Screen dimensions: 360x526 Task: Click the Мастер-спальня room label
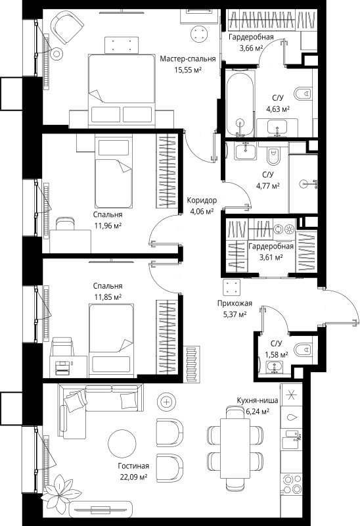187,59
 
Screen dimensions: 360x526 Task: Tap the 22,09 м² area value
133,477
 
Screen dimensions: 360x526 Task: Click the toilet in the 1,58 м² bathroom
303,350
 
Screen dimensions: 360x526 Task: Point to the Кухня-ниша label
258,400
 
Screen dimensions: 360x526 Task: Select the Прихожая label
235,303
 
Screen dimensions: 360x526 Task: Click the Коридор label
202,201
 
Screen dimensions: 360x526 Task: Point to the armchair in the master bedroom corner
67,27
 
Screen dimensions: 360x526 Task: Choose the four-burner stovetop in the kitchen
291,483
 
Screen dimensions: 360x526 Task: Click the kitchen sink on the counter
291,439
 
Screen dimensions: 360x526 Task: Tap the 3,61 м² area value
271,257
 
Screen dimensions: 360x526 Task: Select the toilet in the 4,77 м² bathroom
273,155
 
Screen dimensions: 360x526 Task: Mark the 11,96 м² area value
108,226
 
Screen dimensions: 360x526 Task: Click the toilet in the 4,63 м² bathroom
303,94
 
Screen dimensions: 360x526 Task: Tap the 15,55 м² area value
188,70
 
